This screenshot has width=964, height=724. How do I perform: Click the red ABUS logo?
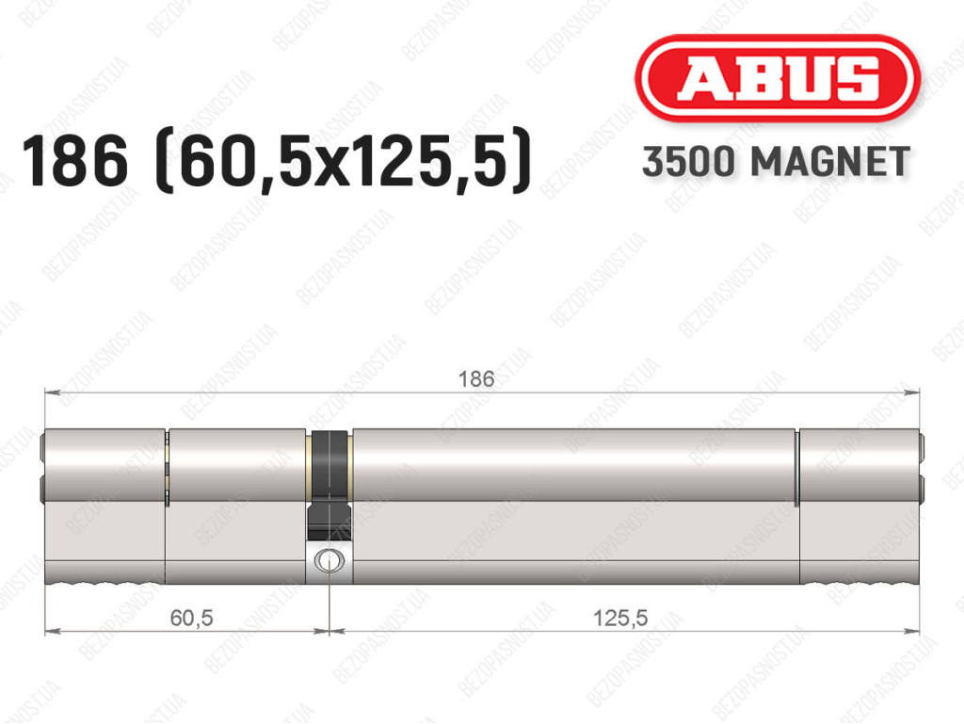[x=777, y=78]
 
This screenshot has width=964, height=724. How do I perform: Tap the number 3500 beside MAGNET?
[x=688, y=162]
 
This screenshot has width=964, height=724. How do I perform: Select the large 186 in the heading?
[x=75, y=161]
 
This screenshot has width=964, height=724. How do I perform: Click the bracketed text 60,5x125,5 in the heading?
[x=344, y=161]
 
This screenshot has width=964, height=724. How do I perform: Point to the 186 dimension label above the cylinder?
[x=475, y=378]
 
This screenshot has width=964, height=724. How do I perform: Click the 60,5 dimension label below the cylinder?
[x=191, y=617]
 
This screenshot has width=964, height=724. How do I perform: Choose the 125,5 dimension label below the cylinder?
[x=619, y=617]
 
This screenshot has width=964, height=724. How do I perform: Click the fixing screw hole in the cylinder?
[x=329, y=560]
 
